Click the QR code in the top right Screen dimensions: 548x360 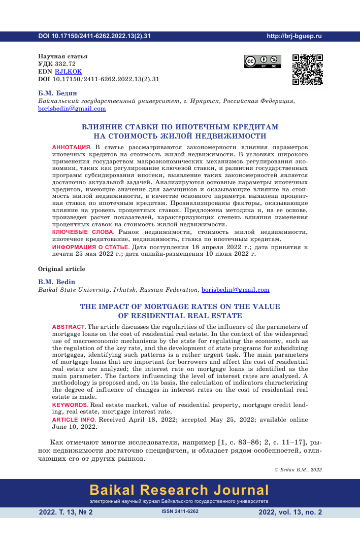[308, 69]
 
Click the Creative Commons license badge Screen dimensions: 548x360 [263, 61]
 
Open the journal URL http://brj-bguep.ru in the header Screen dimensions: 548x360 [294, 36]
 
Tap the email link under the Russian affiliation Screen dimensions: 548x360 [72, 108]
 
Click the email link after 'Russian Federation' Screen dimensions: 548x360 [236, 290]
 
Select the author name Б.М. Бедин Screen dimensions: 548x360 [57, 93]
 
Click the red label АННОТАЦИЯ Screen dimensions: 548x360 [71, 147]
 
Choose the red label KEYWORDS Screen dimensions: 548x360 [70, 404]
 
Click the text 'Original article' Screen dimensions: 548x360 [61, 269]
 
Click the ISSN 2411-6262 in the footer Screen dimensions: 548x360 [180, 512]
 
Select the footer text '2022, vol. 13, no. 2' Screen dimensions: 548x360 [290, 512]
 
